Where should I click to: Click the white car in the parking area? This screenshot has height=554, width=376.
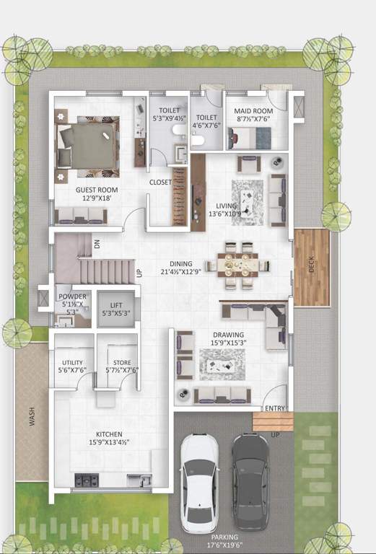[199, 482]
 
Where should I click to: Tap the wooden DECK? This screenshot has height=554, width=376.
[311, 267]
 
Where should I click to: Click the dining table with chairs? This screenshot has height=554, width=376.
[236, 265]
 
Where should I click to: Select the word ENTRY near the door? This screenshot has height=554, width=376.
[274, 408]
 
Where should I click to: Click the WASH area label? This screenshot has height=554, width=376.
[31, 418]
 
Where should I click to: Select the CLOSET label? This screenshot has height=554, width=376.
[160, 183]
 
